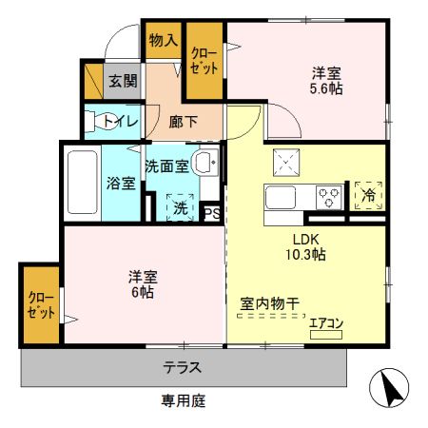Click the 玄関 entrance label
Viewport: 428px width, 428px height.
[x=119, y=82]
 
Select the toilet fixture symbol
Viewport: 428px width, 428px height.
[x=95, y=121]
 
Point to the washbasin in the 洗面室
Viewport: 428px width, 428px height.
[x=204, y=163]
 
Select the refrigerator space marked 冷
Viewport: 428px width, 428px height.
[x=368, y=195]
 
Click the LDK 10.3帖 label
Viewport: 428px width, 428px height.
[x=304, y=247]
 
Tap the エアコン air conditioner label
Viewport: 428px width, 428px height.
[x=326, y=323]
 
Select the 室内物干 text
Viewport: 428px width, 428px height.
[x=269, y=304]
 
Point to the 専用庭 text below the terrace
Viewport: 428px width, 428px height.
[x=184, y=400]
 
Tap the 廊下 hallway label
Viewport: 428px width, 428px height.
[x=184, y=121]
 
